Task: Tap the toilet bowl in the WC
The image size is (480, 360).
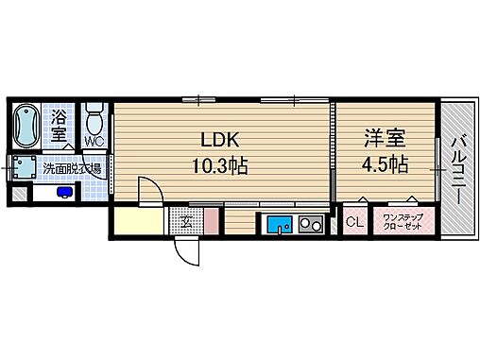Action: [x=94, y=121]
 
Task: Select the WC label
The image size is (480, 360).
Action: [x=94, y=142]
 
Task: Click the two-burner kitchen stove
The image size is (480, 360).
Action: [x=310, y=225]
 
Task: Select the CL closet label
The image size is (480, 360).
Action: [x=354, y=223]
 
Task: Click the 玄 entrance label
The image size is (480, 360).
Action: [x=186, y=224]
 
